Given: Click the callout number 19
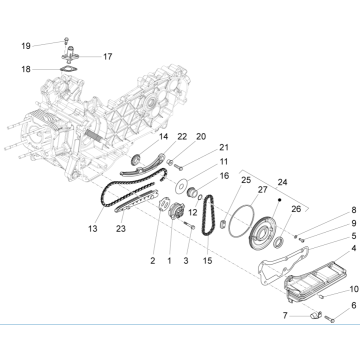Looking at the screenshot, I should coord(27,44).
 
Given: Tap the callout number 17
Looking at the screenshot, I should coord(107,56).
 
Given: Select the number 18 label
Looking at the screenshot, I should coord(27,70).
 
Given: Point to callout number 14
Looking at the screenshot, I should coord(164,136).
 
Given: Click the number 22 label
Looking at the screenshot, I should coord(181,136).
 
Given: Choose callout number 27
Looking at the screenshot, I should coord(234,189).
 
